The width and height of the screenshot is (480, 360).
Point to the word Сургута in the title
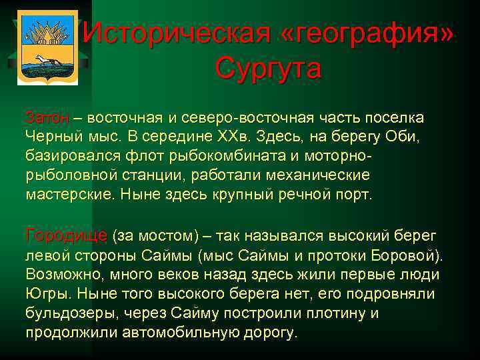(269, 68)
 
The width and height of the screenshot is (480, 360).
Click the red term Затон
(47, 118)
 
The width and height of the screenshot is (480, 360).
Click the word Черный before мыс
(53, 137)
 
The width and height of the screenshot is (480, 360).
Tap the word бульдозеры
(71, 313)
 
